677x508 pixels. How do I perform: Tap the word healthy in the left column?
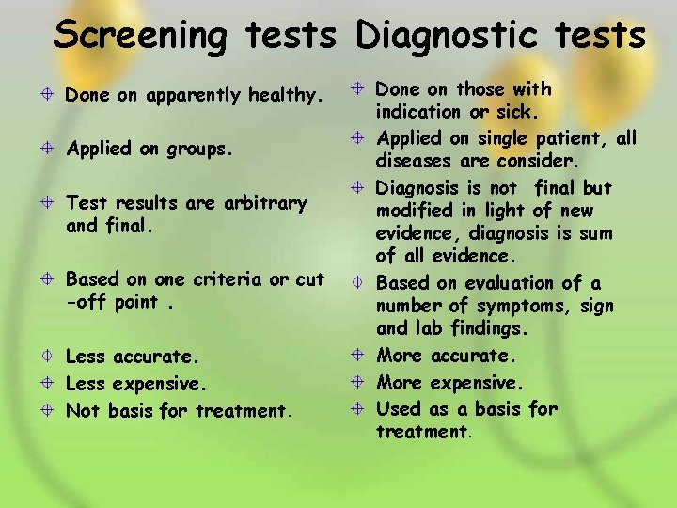[285, 95]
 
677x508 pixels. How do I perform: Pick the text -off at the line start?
[83, 303]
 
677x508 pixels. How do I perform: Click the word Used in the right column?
[397, 408]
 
